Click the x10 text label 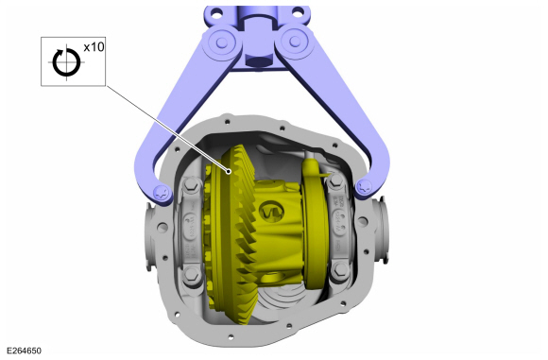(94, 46)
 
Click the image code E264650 (21, 351)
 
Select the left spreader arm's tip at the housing (161, 193)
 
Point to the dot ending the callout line (230, 171)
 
